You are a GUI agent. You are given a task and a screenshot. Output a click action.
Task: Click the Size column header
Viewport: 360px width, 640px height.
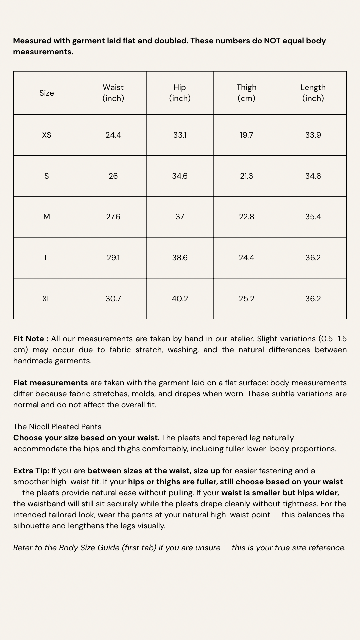tap(47, 93)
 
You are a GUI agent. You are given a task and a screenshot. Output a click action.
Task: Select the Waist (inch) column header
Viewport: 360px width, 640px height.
tap(113, 93)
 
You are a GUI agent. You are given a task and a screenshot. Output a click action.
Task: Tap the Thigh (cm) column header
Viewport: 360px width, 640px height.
tap(247, 93)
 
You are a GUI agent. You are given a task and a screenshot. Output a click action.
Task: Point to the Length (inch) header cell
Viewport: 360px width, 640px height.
tap(313, 93)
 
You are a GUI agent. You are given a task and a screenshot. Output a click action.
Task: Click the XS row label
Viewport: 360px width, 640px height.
tap(47, 135)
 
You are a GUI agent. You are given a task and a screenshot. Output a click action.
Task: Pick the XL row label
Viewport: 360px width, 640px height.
tap(47, 299)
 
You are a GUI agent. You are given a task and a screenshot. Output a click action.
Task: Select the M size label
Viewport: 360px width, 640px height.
tap(47, 217)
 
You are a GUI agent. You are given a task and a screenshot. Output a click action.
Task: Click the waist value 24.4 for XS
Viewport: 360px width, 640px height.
tap(113, 135)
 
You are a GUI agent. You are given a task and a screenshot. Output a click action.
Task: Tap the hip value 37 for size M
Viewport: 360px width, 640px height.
tap(180, 217)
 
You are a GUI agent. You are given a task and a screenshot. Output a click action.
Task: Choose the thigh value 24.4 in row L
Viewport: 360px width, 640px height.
tap(247, 258)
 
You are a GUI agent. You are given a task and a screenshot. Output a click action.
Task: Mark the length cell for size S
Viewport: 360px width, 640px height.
tap(313, 176)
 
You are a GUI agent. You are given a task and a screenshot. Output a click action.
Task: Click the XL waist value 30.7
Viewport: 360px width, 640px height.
tap(113, 299)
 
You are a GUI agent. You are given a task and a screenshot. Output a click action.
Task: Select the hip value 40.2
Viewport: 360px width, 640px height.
tap(180, 299)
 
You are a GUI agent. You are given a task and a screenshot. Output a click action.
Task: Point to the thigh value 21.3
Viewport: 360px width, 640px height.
tap(247, 176)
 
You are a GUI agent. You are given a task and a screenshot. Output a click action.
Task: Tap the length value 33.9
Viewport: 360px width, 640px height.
tap(313, 135)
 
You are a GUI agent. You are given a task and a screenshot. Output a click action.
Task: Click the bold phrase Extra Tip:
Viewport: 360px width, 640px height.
tap(31, 471)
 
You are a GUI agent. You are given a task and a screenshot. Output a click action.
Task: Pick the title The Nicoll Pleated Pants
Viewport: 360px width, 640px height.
tap(57, 427)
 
